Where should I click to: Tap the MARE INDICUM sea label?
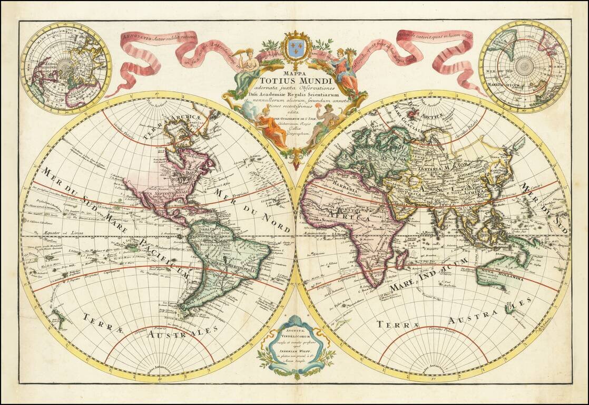(429, 275)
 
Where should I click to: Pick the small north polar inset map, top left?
(65, 67)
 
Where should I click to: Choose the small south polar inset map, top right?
(524, 66)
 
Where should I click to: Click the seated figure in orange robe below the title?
(271, 129)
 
